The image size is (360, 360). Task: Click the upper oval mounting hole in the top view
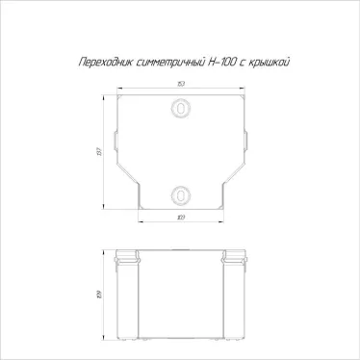[x=180, y=113]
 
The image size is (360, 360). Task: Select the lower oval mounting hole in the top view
[x=180, y=195]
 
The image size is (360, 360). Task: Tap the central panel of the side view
[x=180, y=298]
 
